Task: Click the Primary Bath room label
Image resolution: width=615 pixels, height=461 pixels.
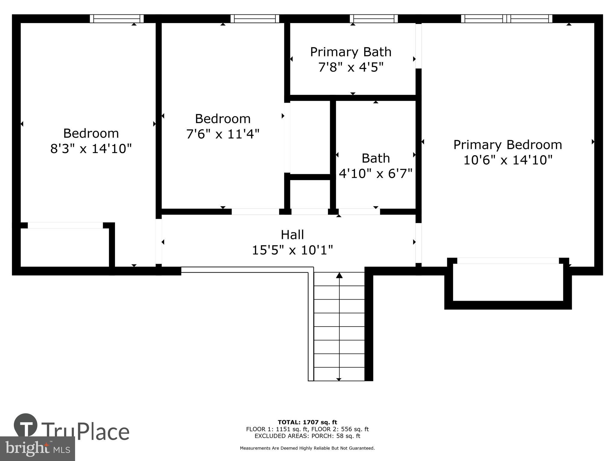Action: [351, 52]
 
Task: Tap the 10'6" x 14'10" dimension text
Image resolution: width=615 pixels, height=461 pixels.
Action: [508, 160]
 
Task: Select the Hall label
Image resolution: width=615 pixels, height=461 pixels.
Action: [292, 235]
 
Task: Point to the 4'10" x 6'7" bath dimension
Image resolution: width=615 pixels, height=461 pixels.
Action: [376, 173]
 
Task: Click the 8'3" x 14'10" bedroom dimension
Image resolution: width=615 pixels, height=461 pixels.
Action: [91, 149]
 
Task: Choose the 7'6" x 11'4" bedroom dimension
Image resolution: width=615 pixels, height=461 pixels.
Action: [223, 134]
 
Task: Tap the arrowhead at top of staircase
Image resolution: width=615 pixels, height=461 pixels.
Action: [339, 275]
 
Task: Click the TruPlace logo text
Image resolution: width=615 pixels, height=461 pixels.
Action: [86, 432]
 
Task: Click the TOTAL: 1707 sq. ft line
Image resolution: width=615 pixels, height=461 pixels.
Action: [307, 422]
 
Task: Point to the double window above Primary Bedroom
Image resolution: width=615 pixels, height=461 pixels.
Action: [507, 19]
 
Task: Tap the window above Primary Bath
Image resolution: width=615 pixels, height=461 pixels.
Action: [374, 19]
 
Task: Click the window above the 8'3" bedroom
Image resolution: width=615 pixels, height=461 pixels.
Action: [117, 19]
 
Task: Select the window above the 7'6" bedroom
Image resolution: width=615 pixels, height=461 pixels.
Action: [255, 19]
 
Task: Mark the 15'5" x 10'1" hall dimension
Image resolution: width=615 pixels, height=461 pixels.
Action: [292, 250]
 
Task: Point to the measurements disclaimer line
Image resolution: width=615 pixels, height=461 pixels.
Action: [307, 448]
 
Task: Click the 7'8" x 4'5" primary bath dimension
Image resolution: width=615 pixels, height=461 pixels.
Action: [351, 68]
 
